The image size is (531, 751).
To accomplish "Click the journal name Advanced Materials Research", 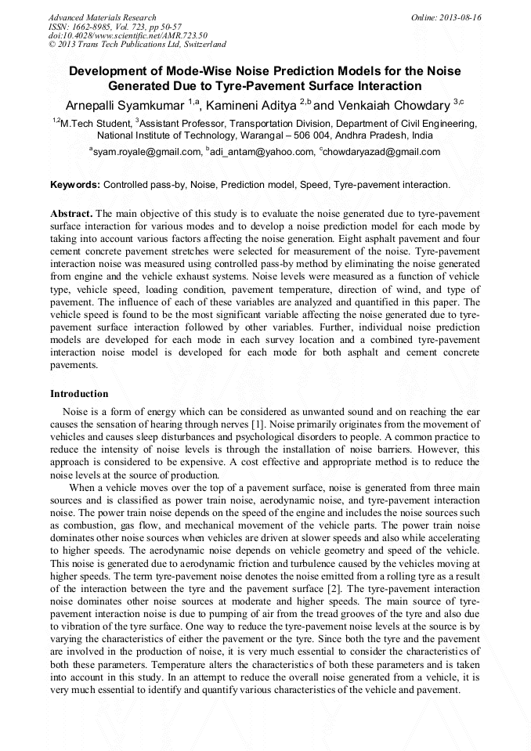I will point(102,17).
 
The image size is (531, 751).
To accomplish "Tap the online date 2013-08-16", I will point(461,17).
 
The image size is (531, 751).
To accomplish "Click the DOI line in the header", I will point(128,35).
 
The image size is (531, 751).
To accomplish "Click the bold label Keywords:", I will point(75,185).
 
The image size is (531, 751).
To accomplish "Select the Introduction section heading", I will point(79,393).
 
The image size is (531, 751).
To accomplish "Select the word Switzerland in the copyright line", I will point(202,45).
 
